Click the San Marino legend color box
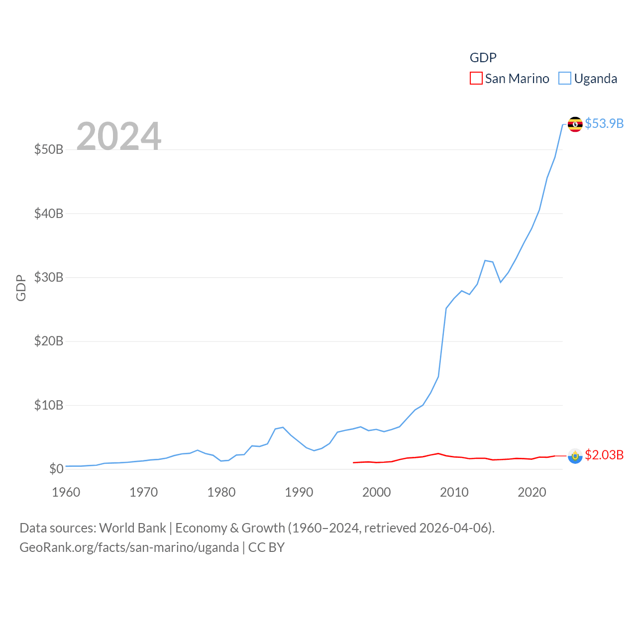pyautogui.click(x=476, y=79)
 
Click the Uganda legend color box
pyautogui.click(x=564, y=79)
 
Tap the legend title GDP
pyautogui.click(x=483, y=58)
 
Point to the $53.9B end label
pyautogui.click(x=604, y=123)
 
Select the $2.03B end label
pyautogui.click(x=604, y=455)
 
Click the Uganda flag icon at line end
pyautogui.click(x=575, y=124)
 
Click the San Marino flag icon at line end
pyautogui.click(x=575, y=455)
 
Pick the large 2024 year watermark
pyautogui.click(x=119, y=136)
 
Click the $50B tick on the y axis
pyautogui.click(x=49, y=149)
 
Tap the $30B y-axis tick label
pyautogui.click(x=49, y=277)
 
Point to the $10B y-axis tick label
pyautogui.click(x=49, y=405)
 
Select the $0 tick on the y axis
pyautogui.click(x=56, y=469)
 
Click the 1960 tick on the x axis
pyautogui.click(x=66, y=492)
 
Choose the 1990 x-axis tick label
pyautogui.click(x=299, y=492)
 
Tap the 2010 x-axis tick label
pyautogui.click(x=454, y=492)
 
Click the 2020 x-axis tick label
pyautogui.click(x=532, y=492)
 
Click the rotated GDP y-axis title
pyautogui.click(x=21, y=288)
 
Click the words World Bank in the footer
pyautogui.click(x=132, y=528)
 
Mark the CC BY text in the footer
pyautogui.click(x=266, y=547)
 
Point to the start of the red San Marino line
pyautogui.click(x=353, y=462)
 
